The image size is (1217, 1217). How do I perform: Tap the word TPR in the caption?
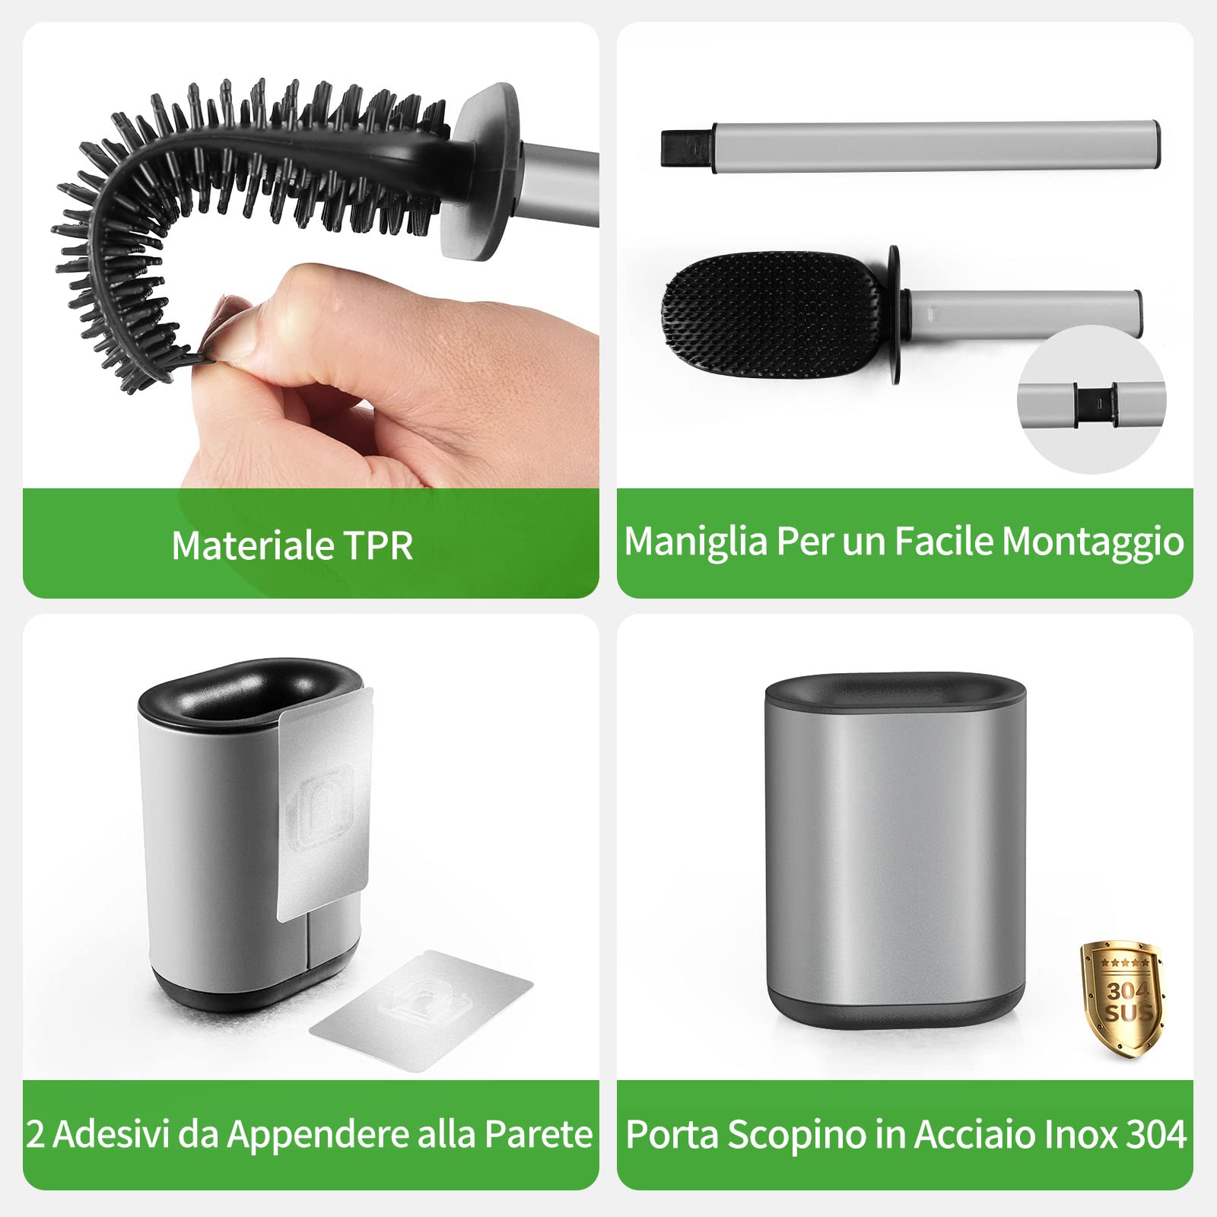[x=378, y=545]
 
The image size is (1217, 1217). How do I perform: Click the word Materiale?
[x=252, y=545]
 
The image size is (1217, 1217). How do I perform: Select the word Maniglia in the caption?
[x=695, y=542]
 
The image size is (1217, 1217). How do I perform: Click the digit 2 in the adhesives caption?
[x=35, y=1134]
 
